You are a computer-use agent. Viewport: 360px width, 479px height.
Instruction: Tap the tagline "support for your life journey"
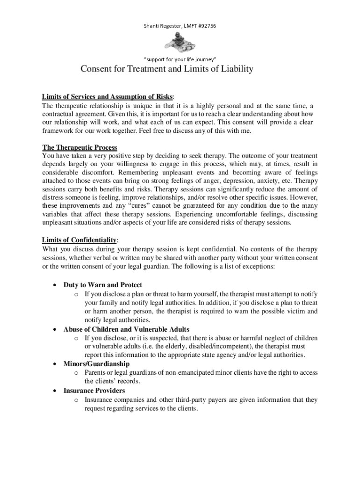[x=180, y=59]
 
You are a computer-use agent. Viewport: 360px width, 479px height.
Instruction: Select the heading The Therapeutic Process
[x=79, y=147]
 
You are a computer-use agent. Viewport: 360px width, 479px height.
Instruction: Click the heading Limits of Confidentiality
[x=79, y=240]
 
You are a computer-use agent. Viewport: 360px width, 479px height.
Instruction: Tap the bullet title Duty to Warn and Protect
[x=103, y=285]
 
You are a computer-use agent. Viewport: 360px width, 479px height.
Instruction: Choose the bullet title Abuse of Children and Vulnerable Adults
[x=126, y=329]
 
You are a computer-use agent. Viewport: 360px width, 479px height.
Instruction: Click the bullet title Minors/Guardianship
[x=97, y=364]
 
